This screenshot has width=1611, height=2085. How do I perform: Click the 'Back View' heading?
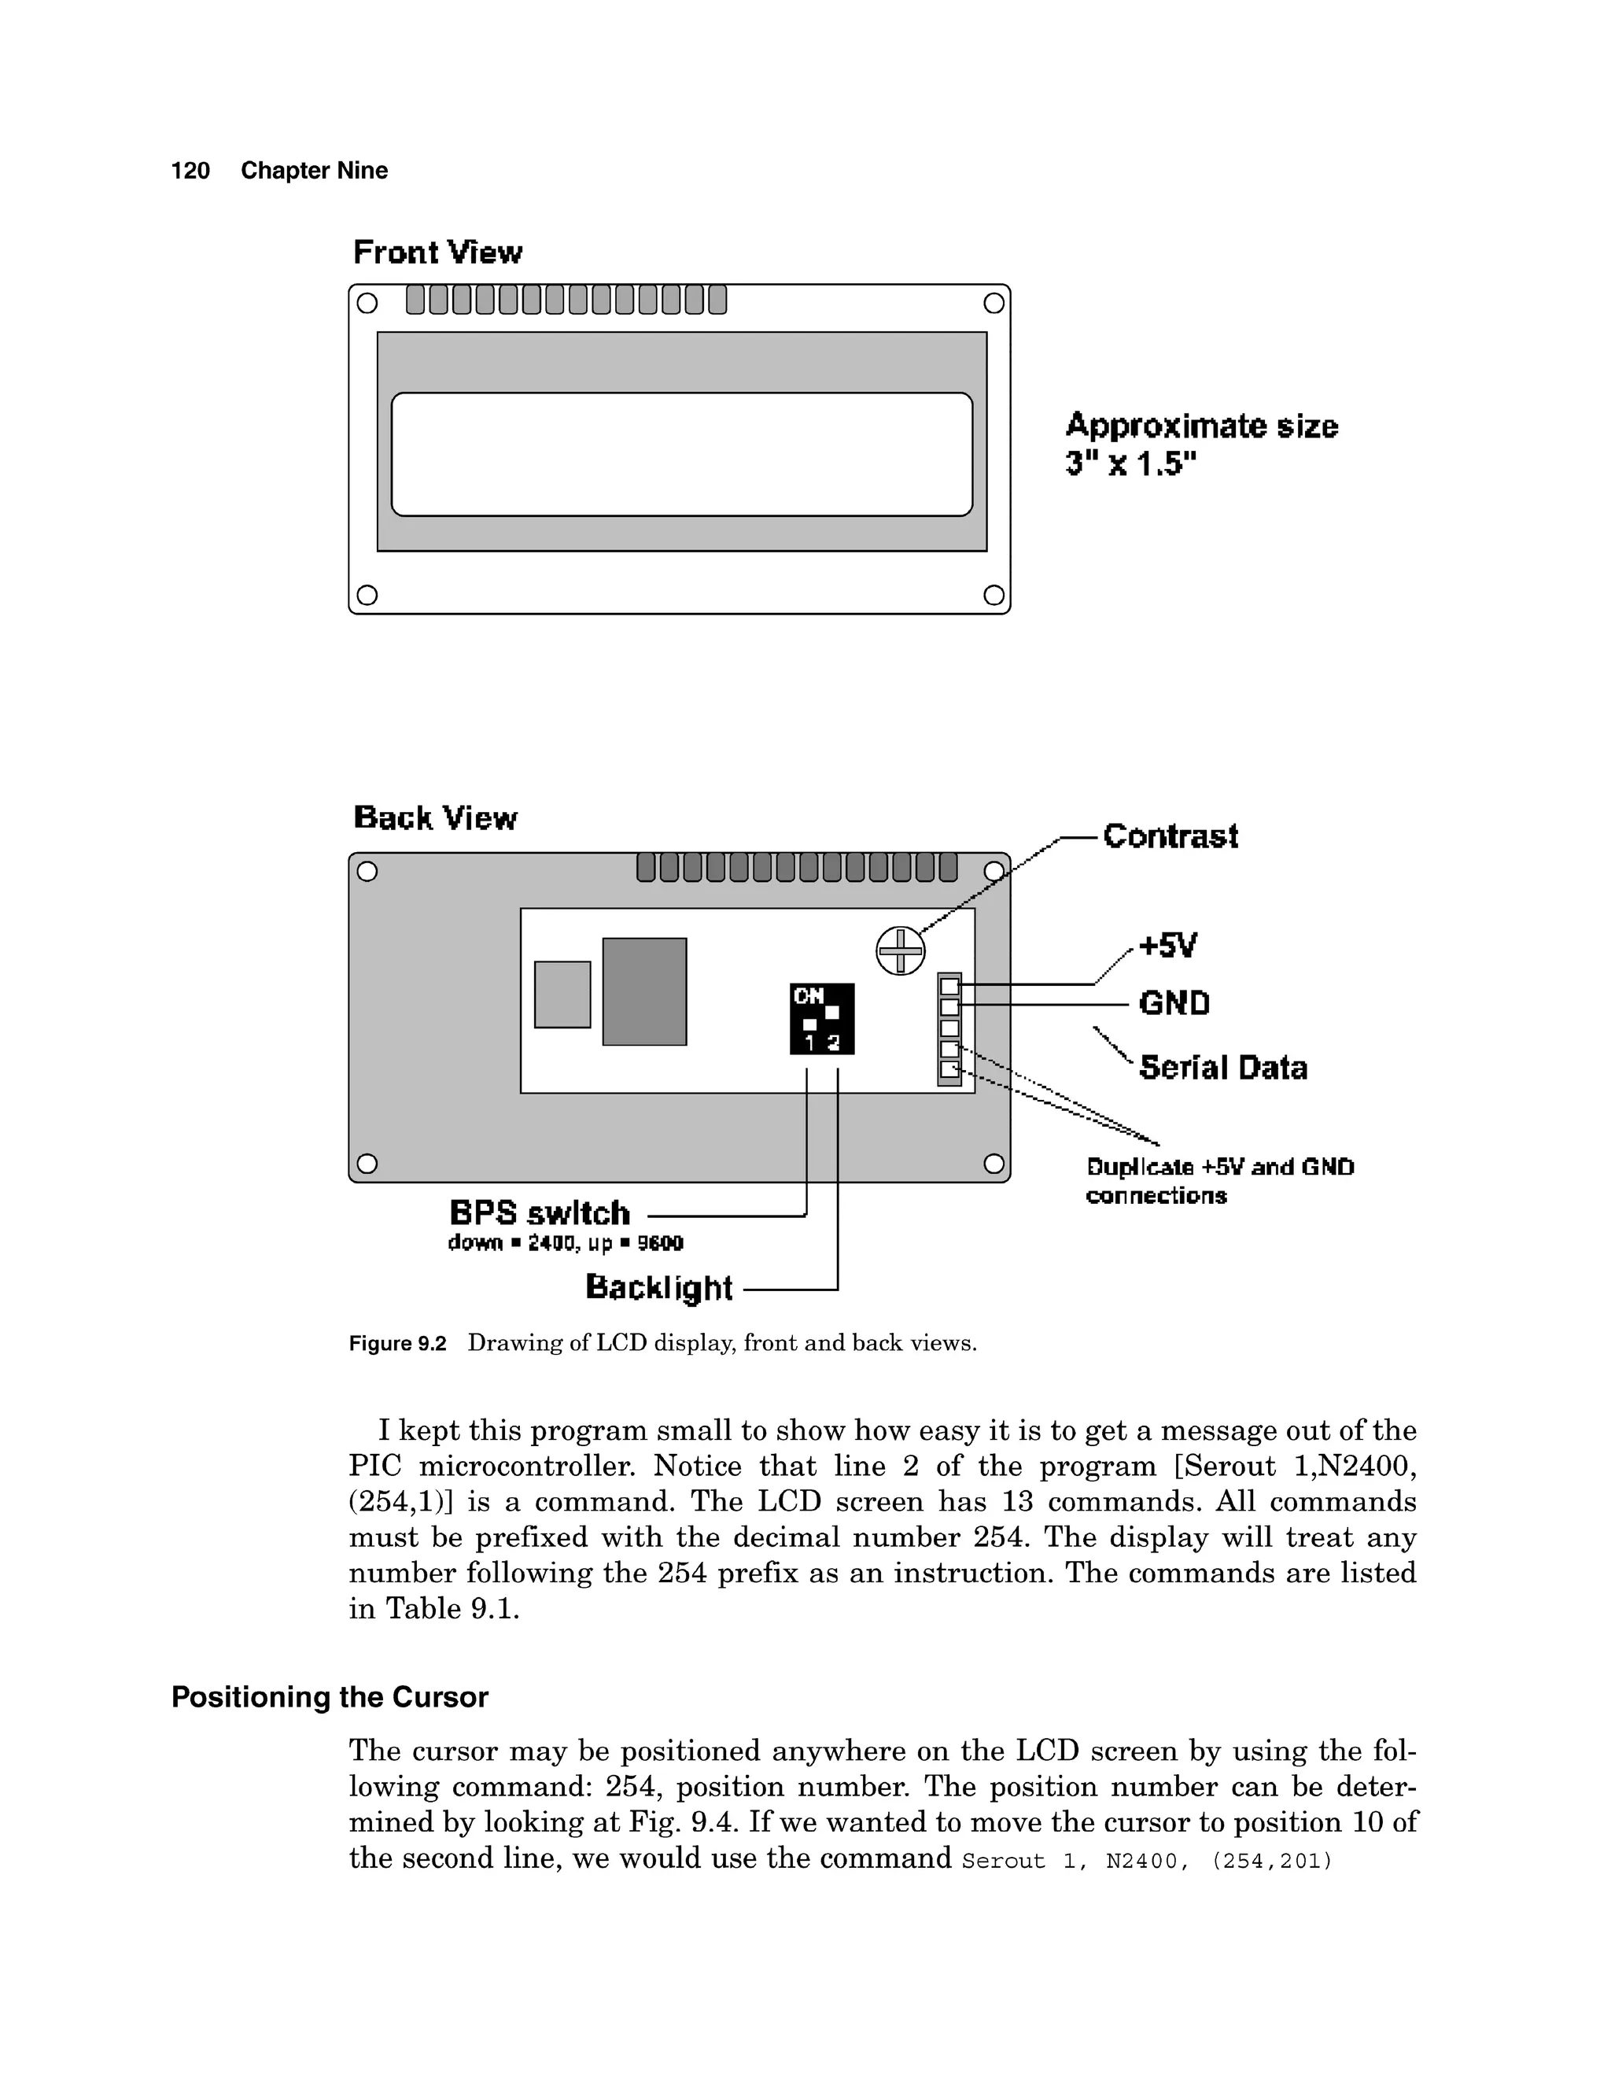point(434,818)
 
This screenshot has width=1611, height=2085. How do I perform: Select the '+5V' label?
point(1167,946)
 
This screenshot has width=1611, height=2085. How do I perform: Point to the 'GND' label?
point(1174,1003)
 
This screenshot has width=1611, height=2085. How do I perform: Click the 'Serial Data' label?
point(1222,1068)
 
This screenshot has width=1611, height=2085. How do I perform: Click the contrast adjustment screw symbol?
point(900,951)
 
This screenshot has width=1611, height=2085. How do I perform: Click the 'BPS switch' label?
point(539,1213)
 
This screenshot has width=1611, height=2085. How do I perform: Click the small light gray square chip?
point(562,994)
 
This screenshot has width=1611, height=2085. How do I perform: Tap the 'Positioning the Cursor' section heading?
point(330,1697)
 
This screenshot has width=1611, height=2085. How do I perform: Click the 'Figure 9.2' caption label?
point(397,1344)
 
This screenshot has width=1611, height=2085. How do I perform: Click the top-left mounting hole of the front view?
point(367,304)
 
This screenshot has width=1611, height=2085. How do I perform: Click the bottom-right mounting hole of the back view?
point(994,1163)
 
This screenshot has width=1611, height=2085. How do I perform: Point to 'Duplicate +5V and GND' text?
point(1220,1168)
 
